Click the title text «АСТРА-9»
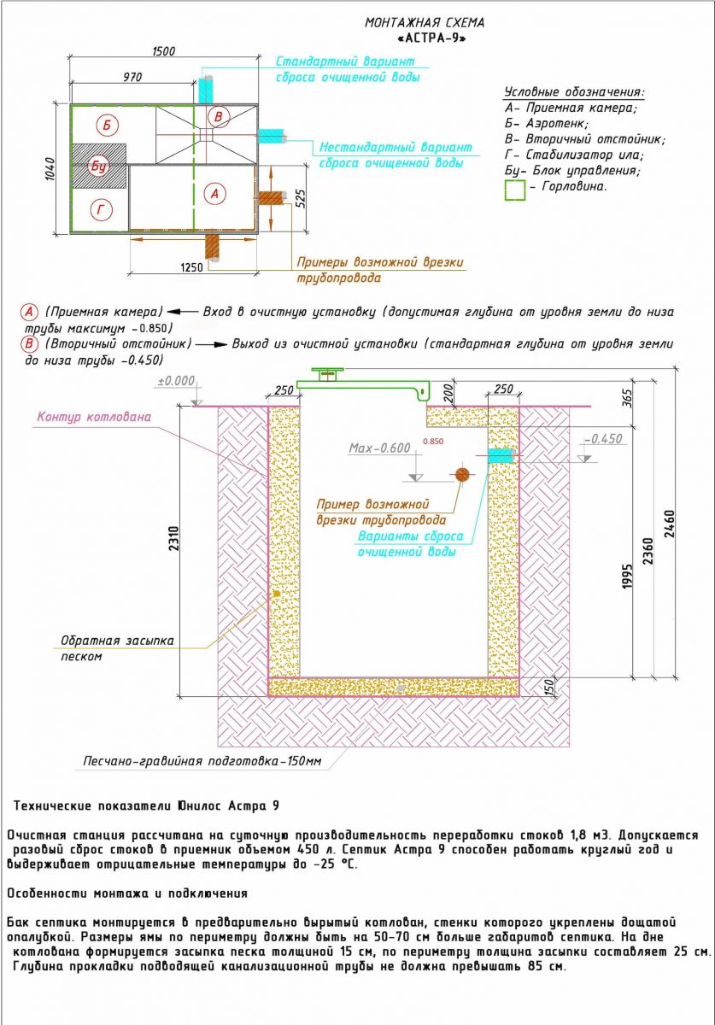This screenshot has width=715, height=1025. coord(431,38)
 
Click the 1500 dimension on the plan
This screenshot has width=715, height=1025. coord(163,50)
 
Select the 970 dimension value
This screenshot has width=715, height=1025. coord(132,77)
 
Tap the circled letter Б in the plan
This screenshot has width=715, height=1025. coord(107,125)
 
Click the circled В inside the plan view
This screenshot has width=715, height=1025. coord(218,117)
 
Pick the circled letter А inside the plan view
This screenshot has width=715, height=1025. coord(215,194)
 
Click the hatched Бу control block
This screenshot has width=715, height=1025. coord(98,166)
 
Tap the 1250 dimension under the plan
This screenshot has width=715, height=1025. coord(191,266)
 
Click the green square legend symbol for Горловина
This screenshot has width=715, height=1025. coord(515,190)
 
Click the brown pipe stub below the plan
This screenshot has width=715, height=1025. coord(213,248)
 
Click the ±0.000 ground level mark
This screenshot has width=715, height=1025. coord(176,381)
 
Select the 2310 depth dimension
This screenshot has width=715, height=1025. coord(174,538)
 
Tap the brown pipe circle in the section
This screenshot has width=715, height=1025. coord(462,475)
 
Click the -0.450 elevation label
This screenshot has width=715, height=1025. coord(604,439)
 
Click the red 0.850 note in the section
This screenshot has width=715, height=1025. coord(433,442)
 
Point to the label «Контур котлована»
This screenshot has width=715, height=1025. coord(94,417)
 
